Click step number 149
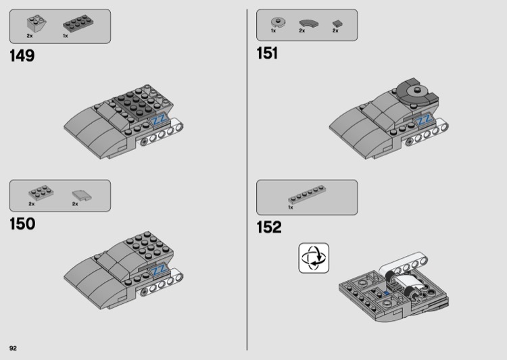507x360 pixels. [22, 55]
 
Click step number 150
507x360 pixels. [22, 224]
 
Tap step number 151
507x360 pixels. [267, 53]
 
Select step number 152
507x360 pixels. [269, 227]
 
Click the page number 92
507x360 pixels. [13, 348]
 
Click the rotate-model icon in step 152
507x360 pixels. [314, 258]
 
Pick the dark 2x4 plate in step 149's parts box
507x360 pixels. [78, 23]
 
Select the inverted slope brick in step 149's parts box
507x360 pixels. [37, 24]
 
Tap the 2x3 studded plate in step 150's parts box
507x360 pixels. [41, 193]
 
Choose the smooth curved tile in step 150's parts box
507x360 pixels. [82, 195]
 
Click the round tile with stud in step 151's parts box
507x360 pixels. [278, 22]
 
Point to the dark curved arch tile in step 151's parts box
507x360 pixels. [309, 23]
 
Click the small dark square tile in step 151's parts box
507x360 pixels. [337, 24]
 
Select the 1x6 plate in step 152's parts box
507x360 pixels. [307, 195]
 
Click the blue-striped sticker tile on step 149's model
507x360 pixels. [159, 120]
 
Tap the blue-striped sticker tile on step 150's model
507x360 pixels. [159, 270]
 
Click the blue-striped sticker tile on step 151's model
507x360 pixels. [424, 120]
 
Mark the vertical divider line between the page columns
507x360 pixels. [247, 180]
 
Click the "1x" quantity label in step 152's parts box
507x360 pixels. [291, 207]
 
